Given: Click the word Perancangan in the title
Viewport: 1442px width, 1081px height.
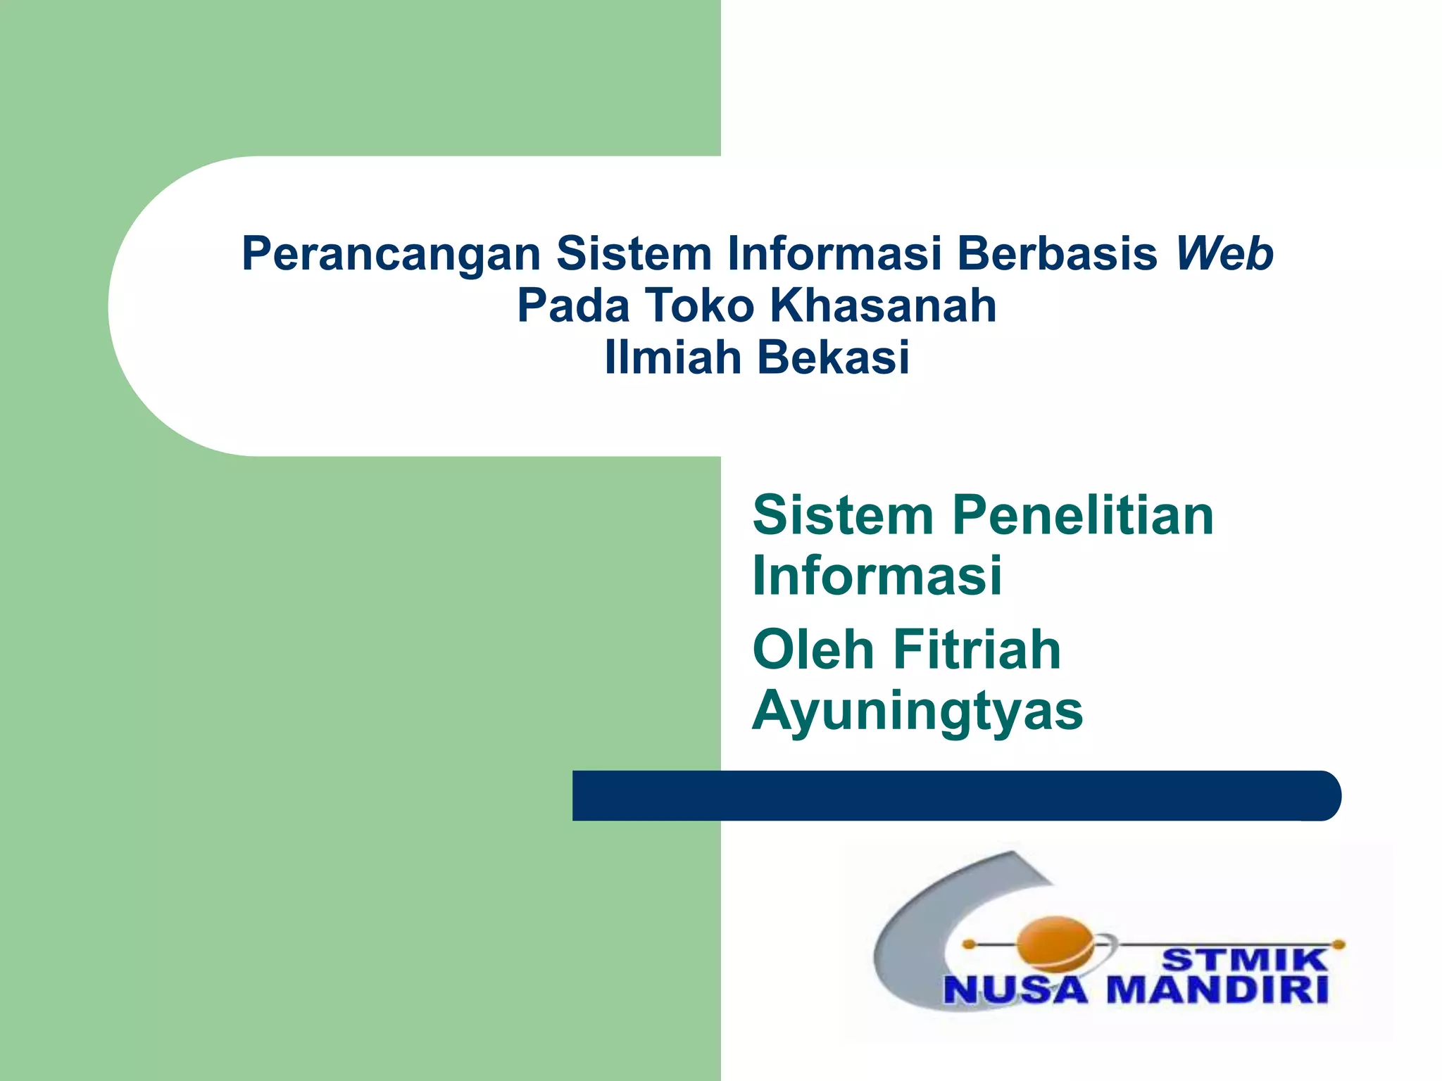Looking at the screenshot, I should (x=391, y=254).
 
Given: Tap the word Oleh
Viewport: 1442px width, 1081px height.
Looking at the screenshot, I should (x=813, y=650).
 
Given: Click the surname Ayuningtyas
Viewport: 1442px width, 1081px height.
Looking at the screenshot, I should (x=917, y=711).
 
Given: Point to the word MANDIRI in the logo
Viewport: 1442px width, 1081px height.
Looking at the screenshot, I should (x=1217, y=991).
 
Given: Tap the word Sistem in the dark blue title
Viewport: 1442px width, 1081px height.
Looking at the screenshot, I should (x=634, y=254).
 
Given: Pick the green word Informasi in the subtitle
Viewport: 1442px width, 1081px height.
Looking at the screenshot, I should (x=877, y=576).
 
